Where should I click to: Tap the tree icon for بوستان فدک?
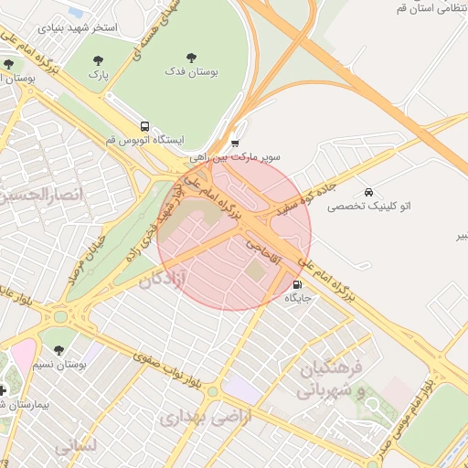point(191,57)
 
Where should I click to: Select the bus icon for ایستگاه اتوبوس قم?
point(144,126)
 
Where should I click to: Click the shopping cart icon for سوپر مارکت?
point(235,143)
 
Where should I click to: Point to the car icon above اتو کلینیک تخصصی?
point(368,192)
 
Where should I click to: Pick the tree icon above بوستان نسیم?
point(59,350)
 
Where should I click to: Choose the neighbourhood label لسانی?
point(76,447)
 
